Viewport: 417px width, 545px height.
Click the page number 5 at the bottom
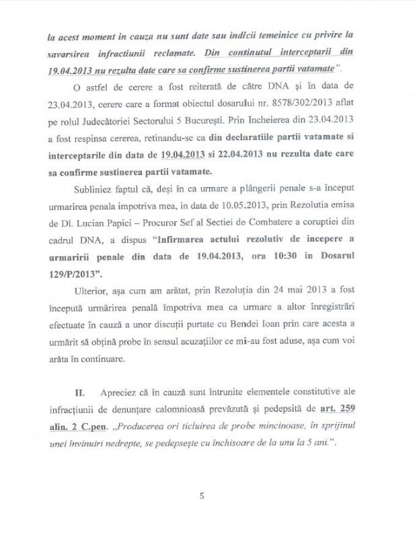click(201, 497)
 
